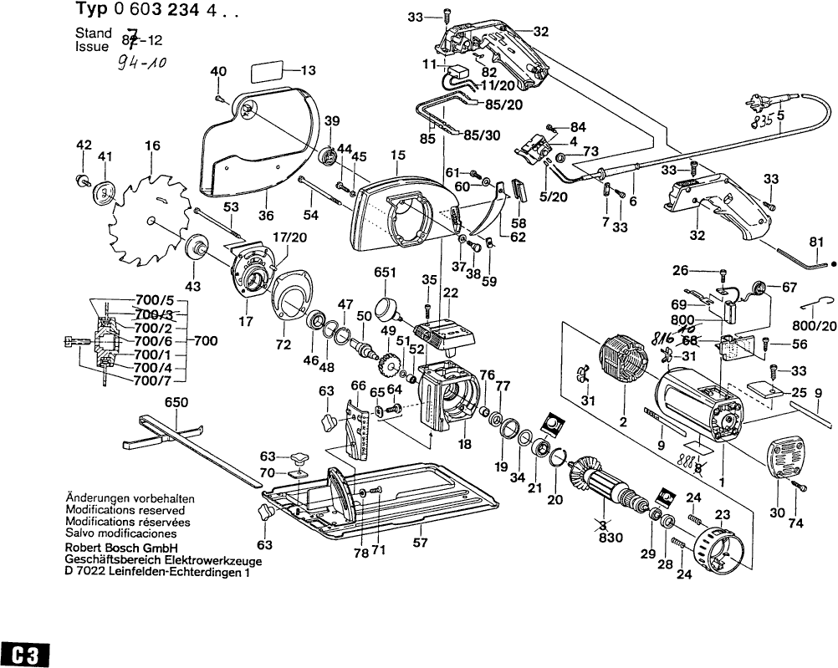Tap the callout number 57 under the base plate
tap(421, 541)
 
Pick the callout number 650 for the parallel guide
tap(176, 402)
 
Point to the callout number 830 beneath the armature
tap(611, 538)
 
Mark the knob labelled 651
tap(387, 308)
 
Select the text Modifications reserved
tap(125, 510)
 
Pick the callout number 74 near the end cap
tap(795, 523)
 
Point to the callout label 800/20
tap(814, 326)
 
